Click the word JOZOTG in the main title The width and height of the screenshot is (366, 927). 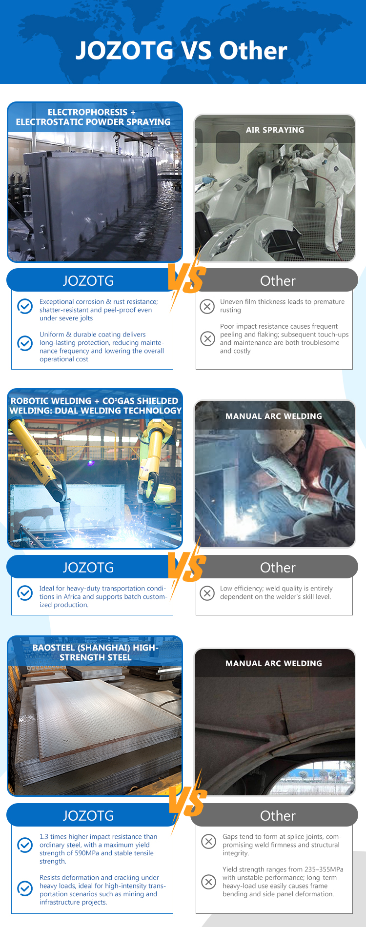[x=124, y=50]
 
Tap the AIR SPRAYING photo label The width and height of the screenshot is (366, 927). [x=275, y=130]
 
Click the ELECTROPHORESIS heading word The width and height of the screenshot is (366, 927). [x=87, y=112]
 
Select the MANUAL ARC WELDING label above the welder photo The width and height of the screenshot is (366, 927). [x=274, y=416]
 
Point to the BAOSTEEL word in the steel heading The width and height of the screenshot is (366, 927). [x=54, y=648]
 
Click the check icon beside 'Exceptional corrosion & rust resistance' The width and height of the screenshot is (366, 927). [x=25, y=306]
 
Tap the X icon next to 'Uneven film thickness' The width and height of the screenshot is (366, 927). [x=207, y=306]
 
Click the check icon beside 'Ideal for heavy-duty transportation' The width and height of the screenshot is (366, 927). [x=25, y=592]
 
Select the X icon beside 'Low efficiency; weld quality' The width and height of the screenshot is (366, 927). [x=207, y=593]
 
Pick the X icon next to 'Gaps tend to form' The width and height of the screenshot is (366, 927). [x=209, y=841]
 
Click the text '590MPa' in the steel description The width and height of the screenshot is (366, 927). [x=87, y=853]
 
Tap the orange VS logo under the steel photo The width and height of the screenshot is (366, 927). [x=187, y=801]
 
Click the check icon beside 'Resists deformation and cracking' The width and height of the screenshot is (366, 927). [x=25, y=888]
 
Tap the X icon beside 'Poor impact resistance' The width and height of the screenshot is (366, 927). [x=207, y=338]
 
